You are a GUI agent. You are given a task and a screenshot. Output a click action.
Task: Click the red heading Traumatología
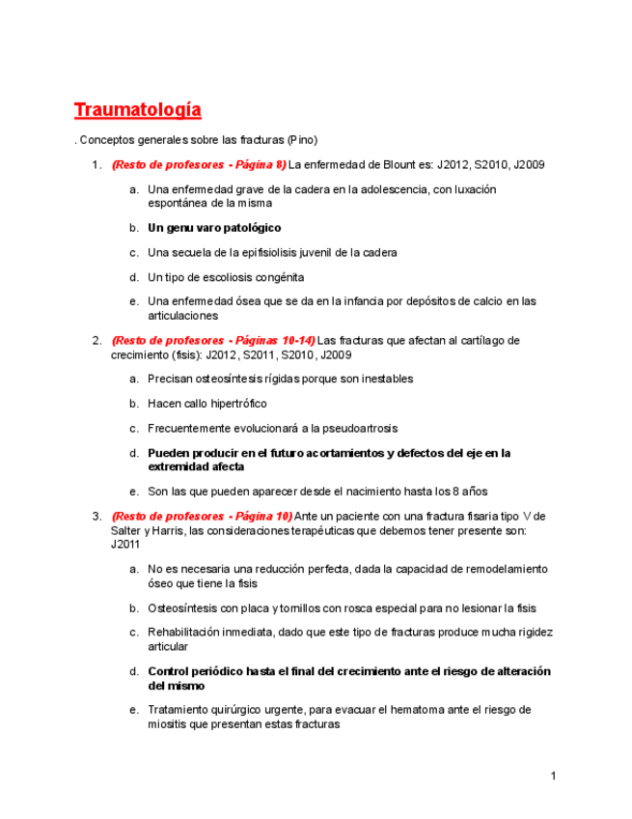coord(138,109)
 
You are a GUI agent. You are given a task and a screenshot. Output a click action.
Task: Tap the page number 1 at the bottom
coord(554,776)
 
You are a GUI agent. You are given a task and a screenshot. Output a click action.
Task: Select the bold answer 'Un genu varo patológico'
coord(214,228)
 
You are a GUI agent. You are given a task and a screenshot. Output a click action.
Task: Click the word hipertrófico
coord(235,404)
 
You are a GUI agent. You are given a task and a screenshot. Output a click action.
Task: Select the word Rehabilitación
coord(187,633)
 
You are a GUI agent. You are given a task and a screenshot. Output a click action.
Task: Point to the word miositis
coord(170,724)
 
